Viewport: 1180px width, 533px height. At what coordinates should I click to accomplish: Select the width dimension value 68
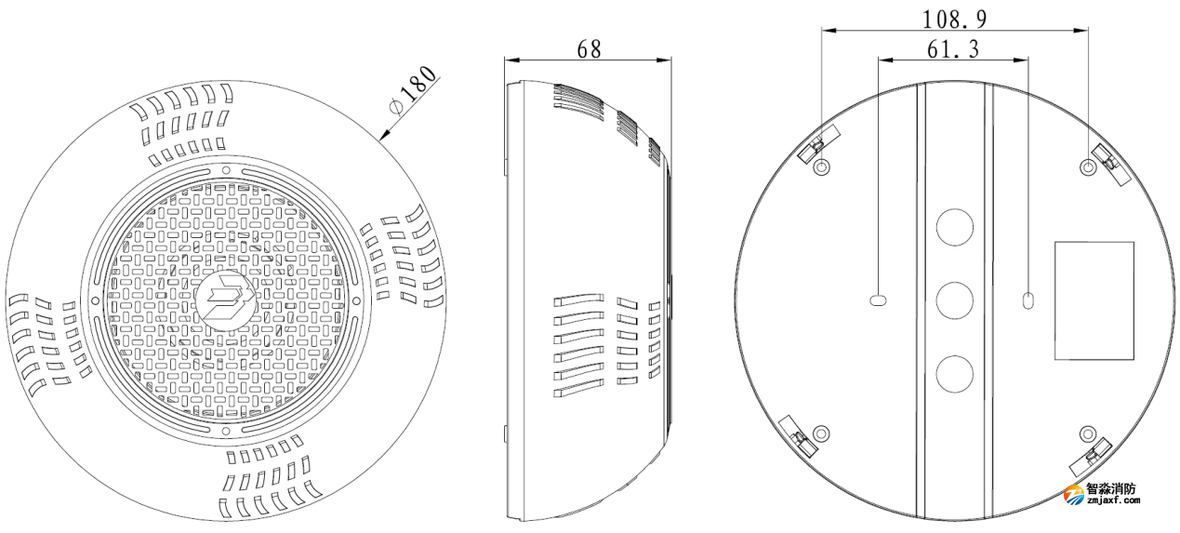coord(590,48)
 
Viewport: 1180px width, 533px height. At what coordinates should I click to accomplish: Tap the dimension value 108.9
coord(955,19)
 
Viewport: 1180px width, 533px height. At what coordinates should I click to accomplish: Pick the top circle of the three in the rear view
coord(954,227)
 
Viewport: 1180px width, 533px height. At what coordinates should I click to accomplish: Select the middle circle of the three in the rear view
coord(954,300)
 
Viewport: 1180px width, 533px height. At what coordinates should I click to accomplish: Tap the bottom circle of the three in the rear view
coord(954,373)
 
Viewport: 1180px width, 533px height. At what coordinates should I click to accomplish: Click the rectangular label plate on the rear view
coord(1094,300)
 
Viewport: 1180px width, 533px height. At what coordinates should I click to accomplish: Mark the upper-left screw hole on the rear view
coord(822,167)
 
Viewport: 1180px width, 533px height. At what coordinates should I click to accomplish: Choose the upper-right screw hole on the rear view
coord(1088,167)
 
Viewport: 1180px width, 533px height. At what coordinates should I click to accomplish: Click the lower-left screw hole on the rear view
coord(821,433)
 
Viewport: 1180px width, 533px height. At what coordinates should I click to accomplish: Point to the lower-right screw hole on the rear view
coord(1088,433)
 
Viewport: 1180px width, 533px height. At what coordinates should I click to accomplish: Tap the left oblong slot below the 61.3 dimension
coord(879,300)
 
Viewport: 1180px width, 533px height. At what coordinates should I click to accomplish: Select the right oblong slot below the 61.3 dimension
coord(1028,300)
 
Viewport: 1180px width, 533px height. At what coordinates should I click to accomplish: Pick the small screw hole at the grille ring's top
coord(226,170)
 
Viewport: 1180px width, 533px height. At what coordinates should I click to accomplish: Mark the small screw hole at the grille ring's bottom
coord(226,432)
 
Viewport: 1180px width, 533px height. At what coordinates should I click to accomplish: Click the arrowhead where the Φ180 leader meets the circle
coord(382,138)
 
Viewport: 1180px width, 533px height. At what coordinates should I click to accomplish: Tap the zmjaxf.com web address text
coord(1112,500)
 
